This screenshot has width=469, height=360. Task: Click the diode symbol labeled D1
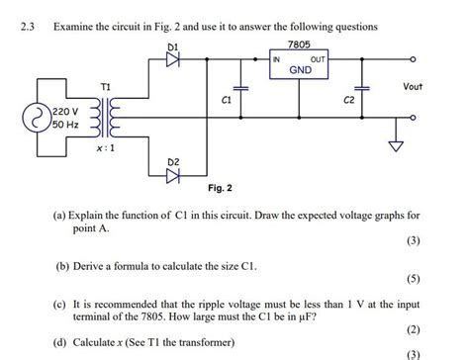point(175,58)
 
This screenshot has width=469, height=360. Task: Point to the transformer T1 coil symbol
point(107,117)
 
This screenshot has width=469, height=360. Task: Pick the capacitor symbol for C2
point(364,90)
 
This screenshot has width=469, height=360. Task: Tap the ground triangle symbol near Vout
point(399,149)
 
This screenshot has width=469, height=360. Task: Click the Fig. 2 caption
point(221,187)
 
